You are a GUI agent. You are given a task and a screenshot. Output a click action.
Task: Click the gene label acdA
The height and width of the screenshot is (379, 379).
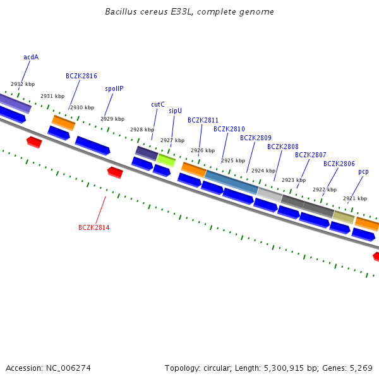pyautogui.click(x=31, y=57)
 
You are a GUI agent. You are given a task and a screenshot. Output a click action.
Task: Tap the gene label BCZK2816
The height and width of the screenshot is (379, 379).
pyautogui.click(x=81, y=76)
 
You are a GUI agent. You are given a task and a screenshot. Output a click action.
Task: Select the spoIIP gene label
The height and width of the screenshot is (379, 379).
pyautogui.click(x=114, y=88)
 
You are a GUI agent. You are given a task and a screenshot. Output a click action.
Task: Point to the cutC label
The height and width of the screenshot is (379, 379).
pyautogui.click(x=158, y=104)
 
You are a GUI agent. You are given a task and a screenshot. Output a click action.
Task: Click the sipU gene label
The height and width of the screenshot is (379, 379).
pyautogui.click(x=175, y=111)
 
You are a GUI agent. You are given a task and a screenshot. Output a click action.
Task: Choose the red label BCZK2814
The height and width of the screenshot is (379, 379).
pyautogui.click(x=94, y=227)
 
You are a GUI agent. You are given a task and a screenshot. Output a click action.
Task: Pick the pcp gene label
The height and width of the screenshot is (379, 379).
pyautogui.click(x=363, y=171)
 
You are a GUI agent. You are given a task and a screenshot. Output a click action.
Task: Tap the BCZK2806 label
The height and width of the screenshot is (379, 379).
pyautogui.click(x=339, y=164)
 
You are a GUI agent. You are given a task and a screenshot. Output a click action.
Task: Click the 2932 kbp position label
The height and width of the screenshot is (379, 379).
pyautogui.click(x=23, y=84)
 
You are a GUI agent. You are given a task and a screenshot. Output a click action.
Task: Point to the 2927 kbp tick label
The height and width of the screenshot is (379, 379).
pyautogui.click(x=172, y=140)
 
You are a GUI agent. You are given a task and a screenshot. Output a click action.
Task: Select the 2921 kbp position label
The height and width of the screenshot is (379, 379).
pyautogui.click(x=355, y=198)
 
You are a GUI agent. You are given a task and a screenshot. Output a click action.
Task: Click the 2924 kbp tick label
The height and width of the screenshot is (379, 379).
pyautogui.click(x=263, y=171)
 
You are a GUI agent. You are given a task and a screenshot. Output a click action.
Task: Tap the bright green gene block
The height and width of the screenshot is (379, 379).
pyautogui.click(x=166, y=159)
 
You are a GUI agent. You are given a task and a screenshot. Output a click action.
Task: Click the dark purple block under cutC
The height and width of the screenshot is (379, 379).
pyautogui.click(x=147, y=152)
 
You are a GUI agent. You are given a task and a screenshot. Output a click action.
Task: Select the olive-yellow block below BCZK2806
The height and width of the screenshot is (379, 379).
pyautogui.click(x=344, y=217)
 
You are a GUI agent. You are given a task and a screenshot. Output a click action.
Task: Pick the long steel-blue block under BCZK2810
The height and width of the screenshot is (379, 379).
pyautogui.click(x=231, y=182)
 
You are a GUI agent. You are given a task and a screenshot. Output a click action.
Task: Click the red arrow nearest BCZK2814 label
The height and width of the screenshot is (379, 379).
pyautogui.click(x=115, y=172)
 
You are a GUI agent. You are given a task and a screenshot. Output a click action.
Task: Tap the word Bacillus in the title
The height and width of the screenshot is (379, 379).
pyautogui.click(x=119, y=12)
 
